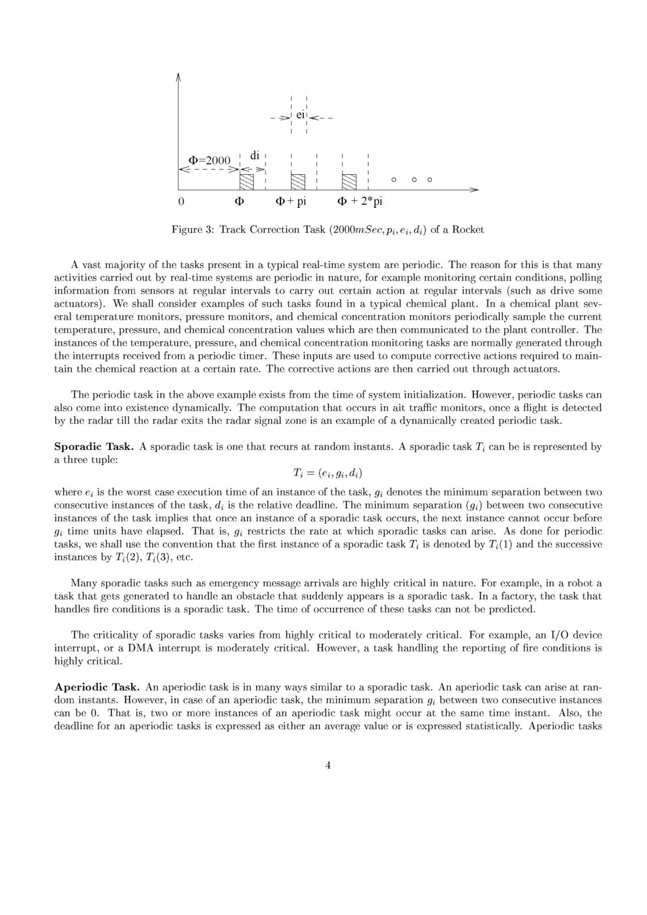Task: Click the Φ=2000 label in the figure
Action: pos(209,160)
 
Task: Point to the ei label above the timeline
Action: pos(300,115)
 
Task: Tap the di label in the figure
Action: pos(255,155)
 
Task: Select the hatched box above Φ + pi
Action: pos(298,182)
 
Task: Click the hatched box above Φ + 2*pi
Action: pos(350,182)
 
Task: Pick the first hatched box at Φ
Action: pos(247,182)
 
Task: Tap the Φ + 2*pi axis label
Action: pos(359,202)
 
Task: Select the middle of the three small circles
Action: pos(411,179)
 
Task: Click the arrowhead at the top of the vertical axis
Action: pos(178,76)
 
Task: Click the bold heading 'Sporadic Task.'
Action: pos(94,447)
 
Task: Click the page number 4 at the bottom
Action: pos(327,766)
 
